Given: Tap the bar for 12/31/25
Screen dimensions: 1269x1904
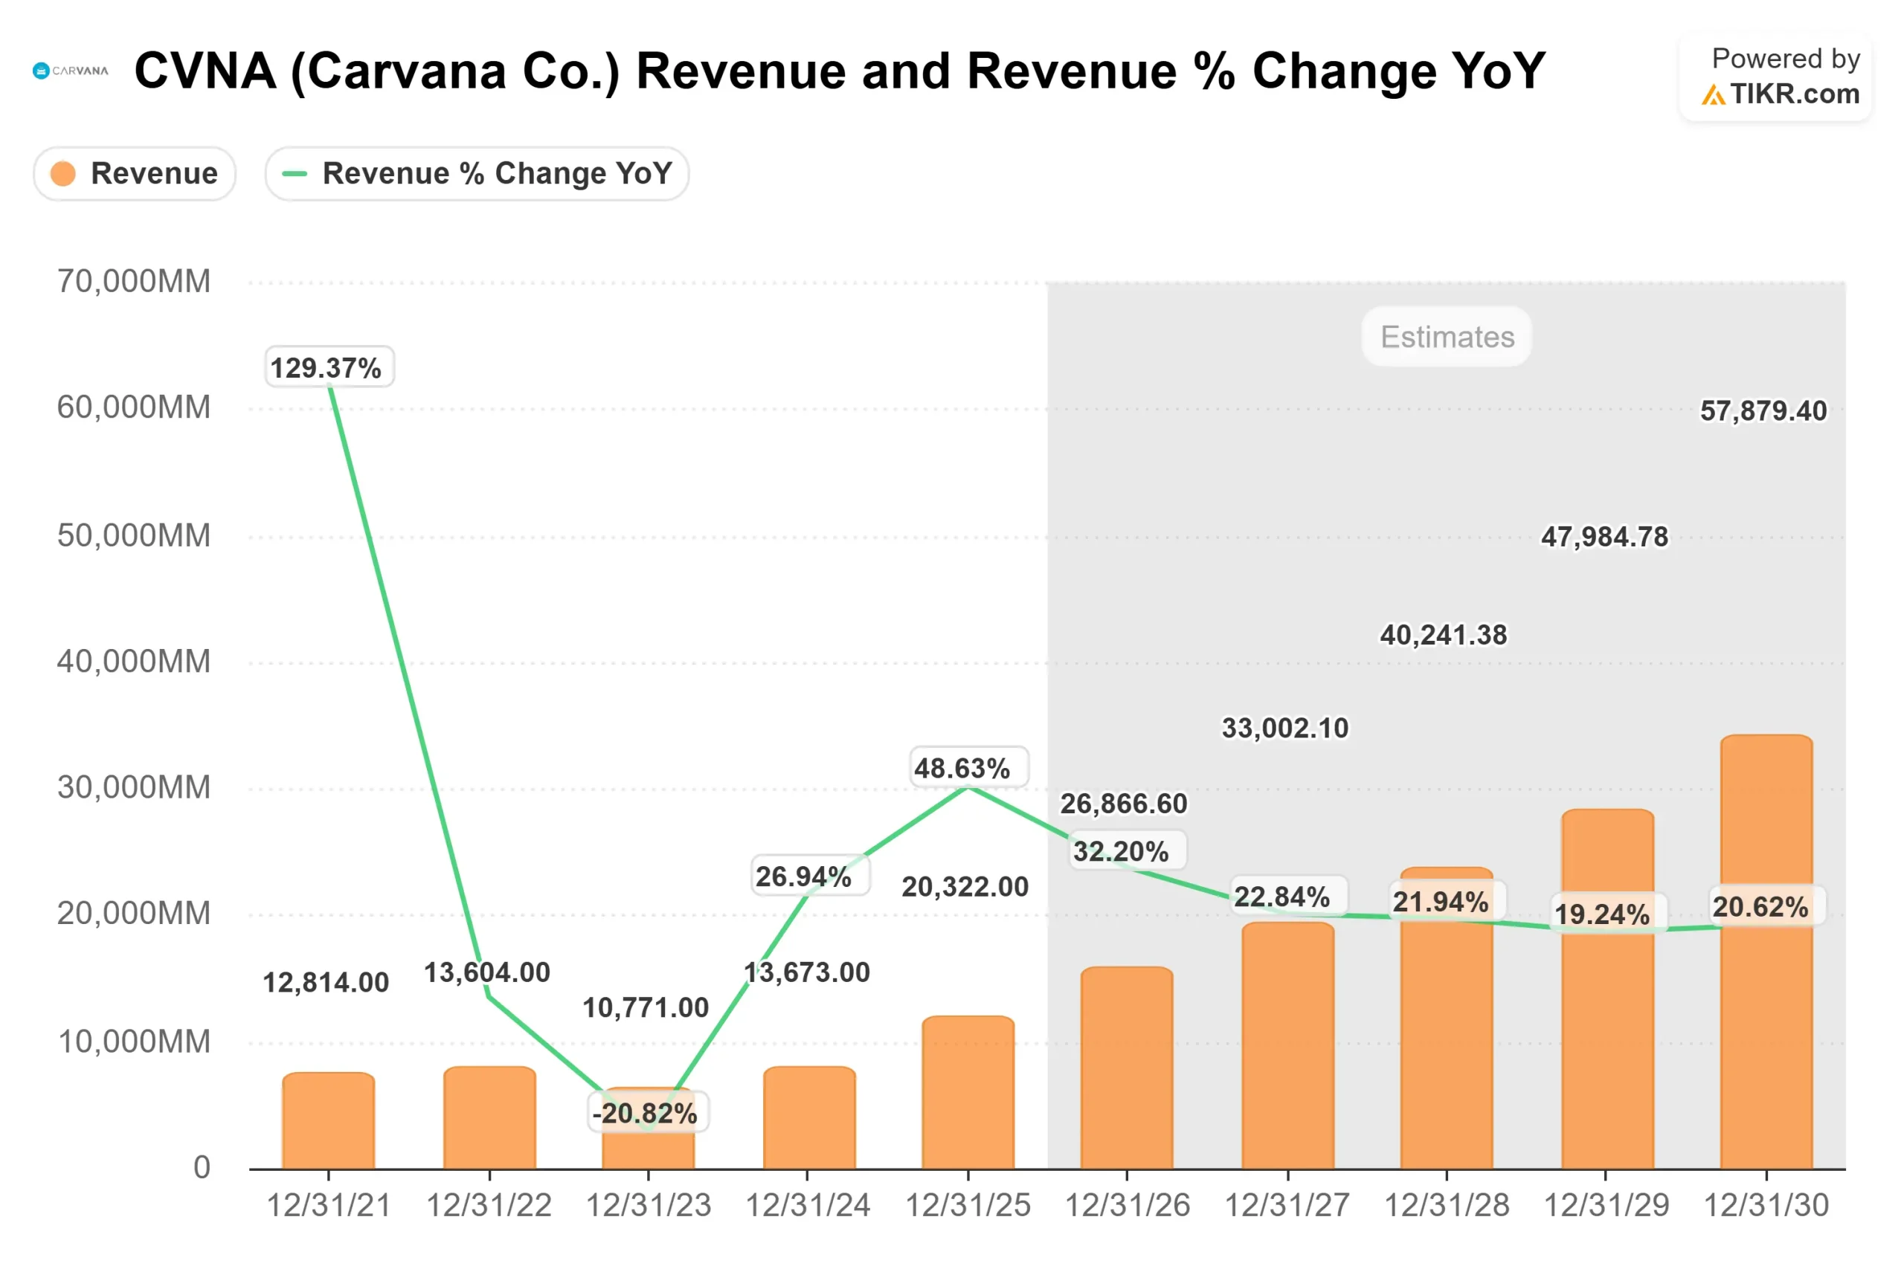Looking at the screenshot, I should (x=968, y=1093).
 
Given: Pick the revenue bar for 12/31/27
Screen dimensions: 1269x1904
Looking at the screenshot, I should (x=1288, y=1052).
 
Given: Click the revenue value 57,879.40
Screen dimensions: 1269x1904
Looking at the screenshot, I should (x=1763, y=410).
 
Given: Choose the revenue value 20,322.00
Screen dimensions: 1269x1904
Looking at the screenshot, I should (x=965, y=886).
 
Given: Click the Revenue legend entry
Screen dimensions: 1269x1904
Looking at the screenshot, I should (x=135, y=173).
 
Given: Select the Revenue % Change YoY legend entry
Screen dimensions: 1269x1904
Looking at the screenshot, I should (x=477, y=173).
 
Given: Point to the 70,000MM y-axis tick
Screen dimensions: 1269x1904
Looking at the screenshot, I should (x=134, y=282).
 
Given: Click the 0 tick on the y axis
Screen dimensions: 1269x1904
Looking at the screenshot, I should (x=202, y=1167).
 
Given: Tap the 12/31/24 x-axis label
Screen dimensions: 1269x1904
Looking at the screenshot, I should (x=807, y=1206).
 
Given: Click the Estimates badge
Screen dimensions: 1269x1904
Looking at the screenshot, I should (x=1447, y=337).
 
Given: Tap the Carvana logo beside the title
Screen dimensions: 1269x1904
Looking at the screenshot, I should (x=71, y=71).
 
